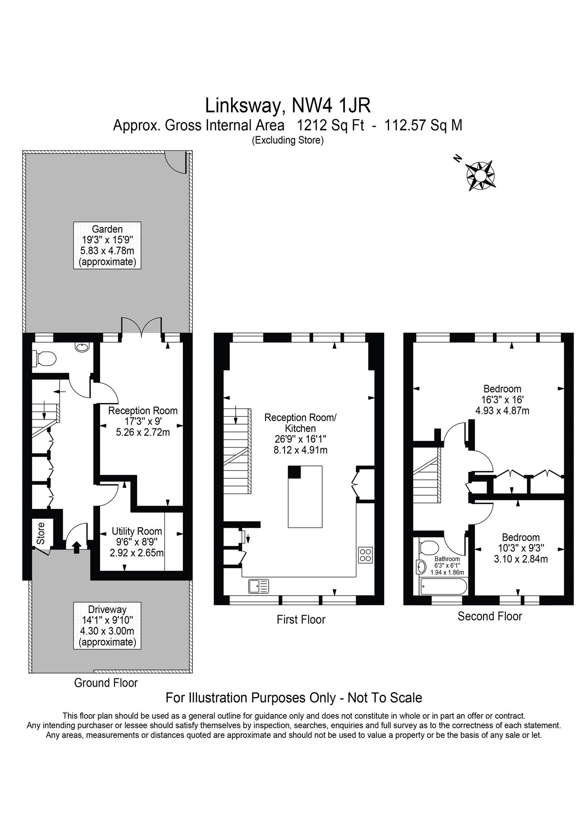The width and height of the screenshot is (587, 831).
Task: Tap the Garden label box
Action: (107, 245)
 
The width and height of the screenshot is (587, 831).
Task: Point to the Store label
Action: (41, 533)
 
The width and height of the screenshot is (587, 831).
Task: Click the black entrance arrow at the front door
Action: (77, 547)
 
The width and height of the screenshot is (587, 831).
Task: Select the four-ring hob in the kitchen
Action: (365, 555)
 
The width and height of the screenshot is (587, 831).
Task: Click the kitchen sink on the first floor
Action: (258, 586)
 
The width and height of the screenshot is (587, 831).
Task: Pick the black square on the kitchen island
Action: (294, 472)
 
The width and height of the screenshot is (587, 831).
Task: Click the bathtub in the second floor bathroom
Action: (443, 586)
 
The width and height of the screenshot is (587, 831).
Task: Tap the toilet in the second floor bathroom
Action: (429, 546)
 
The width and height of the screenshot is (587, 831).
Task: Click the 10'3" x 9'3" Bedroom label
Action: (521, 548)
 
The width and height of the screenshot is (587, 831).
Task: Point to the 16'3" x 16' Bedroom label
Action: (502, 399)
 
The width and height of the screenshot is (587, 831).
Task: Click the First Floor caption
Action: (301, 619)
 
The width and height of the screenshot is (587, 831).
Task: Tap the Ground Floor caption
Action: (106, 683)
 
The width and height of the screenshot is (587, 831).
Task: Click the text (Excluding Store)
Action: (288, 140)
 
